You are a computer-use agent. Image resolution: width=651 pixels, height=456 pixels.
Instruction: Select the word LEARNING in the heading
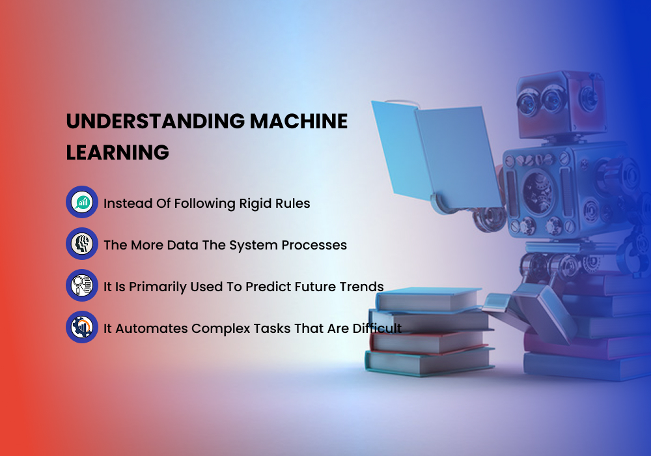(118, 152)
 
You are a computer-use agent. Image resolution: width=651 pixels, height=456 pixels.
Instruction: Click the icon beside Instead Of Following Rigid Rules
(82, 202)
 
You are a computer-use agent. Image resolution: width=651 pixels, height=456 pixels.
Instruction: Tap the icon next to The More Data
(82, 244)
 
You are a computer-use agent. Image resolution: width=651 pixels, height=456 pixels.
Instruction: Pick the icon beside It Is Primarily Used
(82, 285)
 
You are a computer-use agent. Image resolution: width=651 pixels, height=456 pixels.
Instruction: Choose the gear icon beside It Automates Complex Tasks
(82, 327)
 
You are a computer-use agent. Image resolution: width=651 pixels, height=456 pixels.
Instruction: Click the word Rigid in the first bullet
(255, 203)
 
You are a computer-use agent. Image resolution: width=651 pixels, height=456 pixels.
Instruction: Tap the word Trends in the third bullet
(362, 287)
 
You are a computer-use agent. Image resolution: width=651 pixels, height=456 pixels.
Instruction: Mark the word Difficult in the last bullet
(377, 328)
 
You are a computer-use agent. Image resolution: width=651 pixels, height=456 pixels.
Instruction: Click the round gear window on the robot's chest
(538, 189)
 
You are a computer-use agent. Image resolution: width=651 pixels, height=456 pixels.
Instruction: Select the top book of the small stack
(430, 300)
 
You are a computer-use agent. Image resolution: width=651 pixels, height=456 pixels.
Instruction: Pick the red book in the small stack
(430, 340)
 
